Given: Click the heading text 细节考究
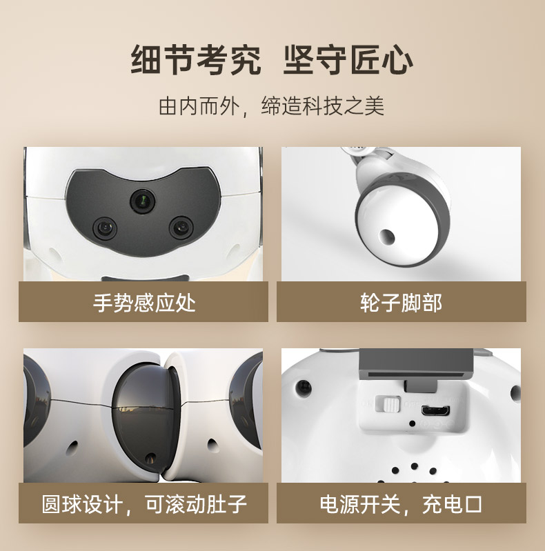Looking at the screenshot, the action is tap(196, 60).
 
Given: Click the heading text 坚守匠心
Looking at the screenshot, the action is tap(348, 60).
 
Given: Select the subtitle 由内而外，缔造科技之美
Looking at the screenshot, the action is tap(271, 106).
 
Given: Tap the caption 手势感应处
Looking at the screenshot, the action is tap(144, 302).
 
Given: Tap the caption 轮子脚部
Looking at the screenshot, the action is tap(402, 302).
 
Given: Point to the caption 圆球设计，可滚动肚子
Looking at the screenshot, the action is tap(144, 504).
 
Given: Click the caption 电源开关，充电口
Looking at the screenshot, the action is tap(402, 504).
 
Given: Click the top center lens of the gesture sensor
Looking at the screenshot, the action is tap(143, 201).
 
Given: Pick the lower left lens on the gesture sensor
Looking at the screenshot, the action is tap(105, 228).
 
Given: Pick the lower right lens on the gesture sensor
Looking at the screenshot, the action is tap(181, 228).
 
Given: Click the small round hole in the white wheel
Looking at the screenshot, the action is tap(387, 237).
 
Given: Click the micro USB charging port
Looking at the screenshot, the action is tap(435, 410).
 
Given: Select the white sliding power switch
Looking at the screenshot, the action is tap(388, 403).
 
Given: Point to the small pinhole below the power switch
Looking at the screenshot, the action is tap(413, 424).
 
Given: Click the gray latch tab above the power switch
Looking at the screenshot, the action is tap(421, 386).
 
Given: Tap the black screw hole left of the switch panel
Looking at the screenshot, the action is tap(304, 388).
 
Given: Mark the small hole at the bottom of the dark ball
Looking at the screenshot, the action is tap(151, 457).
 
